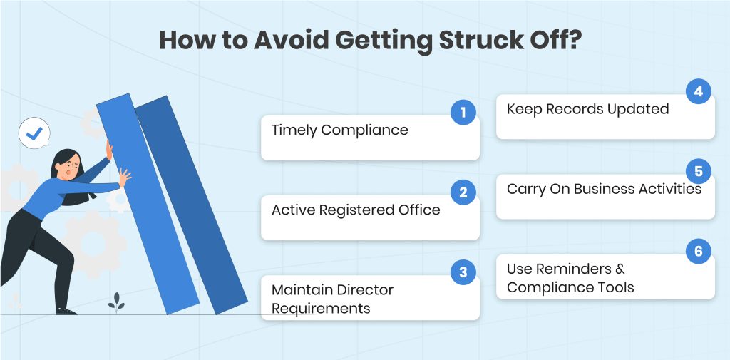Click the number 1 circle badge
463,113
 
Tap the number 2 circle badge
463,192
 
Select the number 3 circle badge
463,272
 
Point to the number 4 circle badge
699,92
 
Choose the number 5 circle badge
699,171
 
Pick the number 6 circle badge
699,252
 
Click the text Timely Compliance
340,130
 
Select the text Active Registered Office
356,210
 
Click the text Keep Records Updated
587,110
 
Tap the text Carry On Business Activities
604,189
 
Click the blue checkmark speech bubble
34,133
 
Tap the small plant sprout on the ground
116,302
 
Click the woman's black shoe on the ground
66,311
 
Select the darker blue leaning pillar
192,205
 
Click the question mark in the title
575,41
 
